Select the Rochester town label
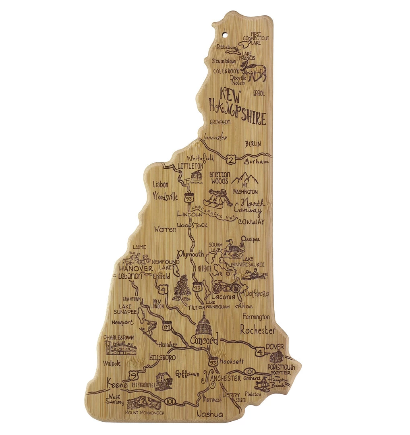coord(258,331)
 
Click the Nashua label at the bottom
coord(210,414)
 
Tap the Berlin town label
coord(253,144)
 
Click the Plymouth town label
coord(191,255)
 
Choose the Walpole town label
coord(112,363)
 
